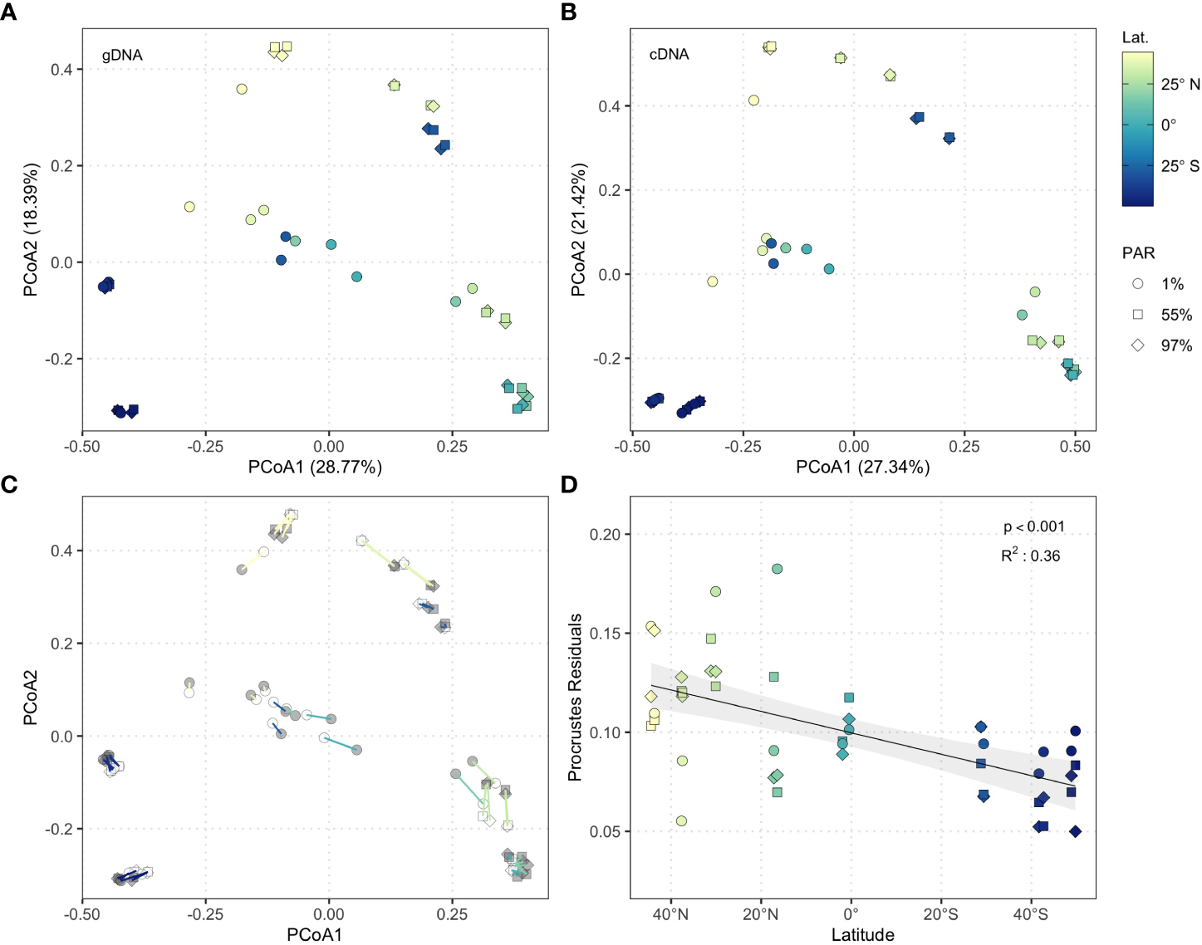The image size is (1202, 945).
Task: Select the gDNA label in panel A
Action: [x=122, y=56]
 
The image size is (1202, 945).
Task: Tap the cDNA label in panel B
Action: [x=669, y=55]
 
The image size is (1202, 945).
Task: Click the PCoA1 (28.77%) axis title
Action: [x=315, y=468]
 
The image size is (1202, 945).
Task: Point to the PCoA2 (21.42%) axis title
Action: [x=578, y=230]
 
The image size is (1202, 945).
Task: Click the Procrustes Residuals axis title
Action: [x=574, y=698]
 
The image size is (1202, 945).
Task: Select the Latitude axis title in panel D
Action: [x=862, y=935]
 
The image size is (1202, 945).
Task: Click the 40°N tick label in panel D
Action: [x=670, y=914]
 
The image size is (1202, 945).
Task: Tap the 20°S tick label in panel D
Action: [x=940, y=914]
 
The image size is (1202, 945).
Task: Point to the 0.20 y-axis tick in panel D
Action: [x=605, y=534]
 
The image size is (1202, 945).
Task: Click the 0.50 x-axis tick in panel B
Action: [x=1075, y=447]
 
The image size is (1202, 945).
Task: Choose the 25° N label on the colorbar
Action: [x=1180, y=85]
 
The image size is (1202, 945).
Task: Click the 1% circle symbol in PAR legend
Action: [x=1138, y=284]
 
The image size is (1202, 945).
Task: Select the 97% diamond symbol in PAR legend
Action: [x=1138, y=345]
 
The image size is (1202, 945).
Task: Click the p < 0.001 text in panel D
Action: [x=1033, y=526]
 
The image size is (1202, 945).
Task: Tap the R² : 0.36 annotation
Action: [x=1030, y=556]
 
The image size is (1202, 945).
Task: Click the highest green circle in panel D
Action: [x=778, y=569]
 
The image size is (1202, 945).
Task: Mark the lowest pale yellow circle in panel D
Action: [x=681, y=821]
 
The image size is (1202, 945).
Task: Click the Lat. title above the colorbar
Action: [x=1135, y=37]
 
